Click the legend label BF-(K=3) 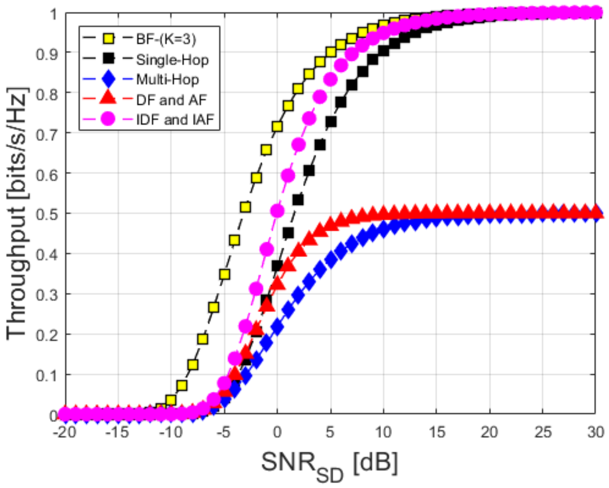tap(166, 39)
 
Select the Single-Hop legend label tap(172, 60)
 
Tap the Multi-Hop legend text tap(167, 80)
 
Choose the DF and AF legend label tap(171, 100)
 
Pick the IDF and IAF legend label tap(175, 120)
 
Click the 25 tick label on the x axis tap(542, 433)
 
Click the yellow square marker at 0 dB tap(277, 127)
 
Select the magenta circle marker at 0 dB tap(277, 210)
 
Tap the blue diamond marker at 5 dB tap(330, 259)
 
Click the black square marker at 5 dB tap(330, 122)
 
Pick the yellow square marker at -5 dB tap(224, 274)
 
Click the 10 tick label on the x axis tap(383, 433)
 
